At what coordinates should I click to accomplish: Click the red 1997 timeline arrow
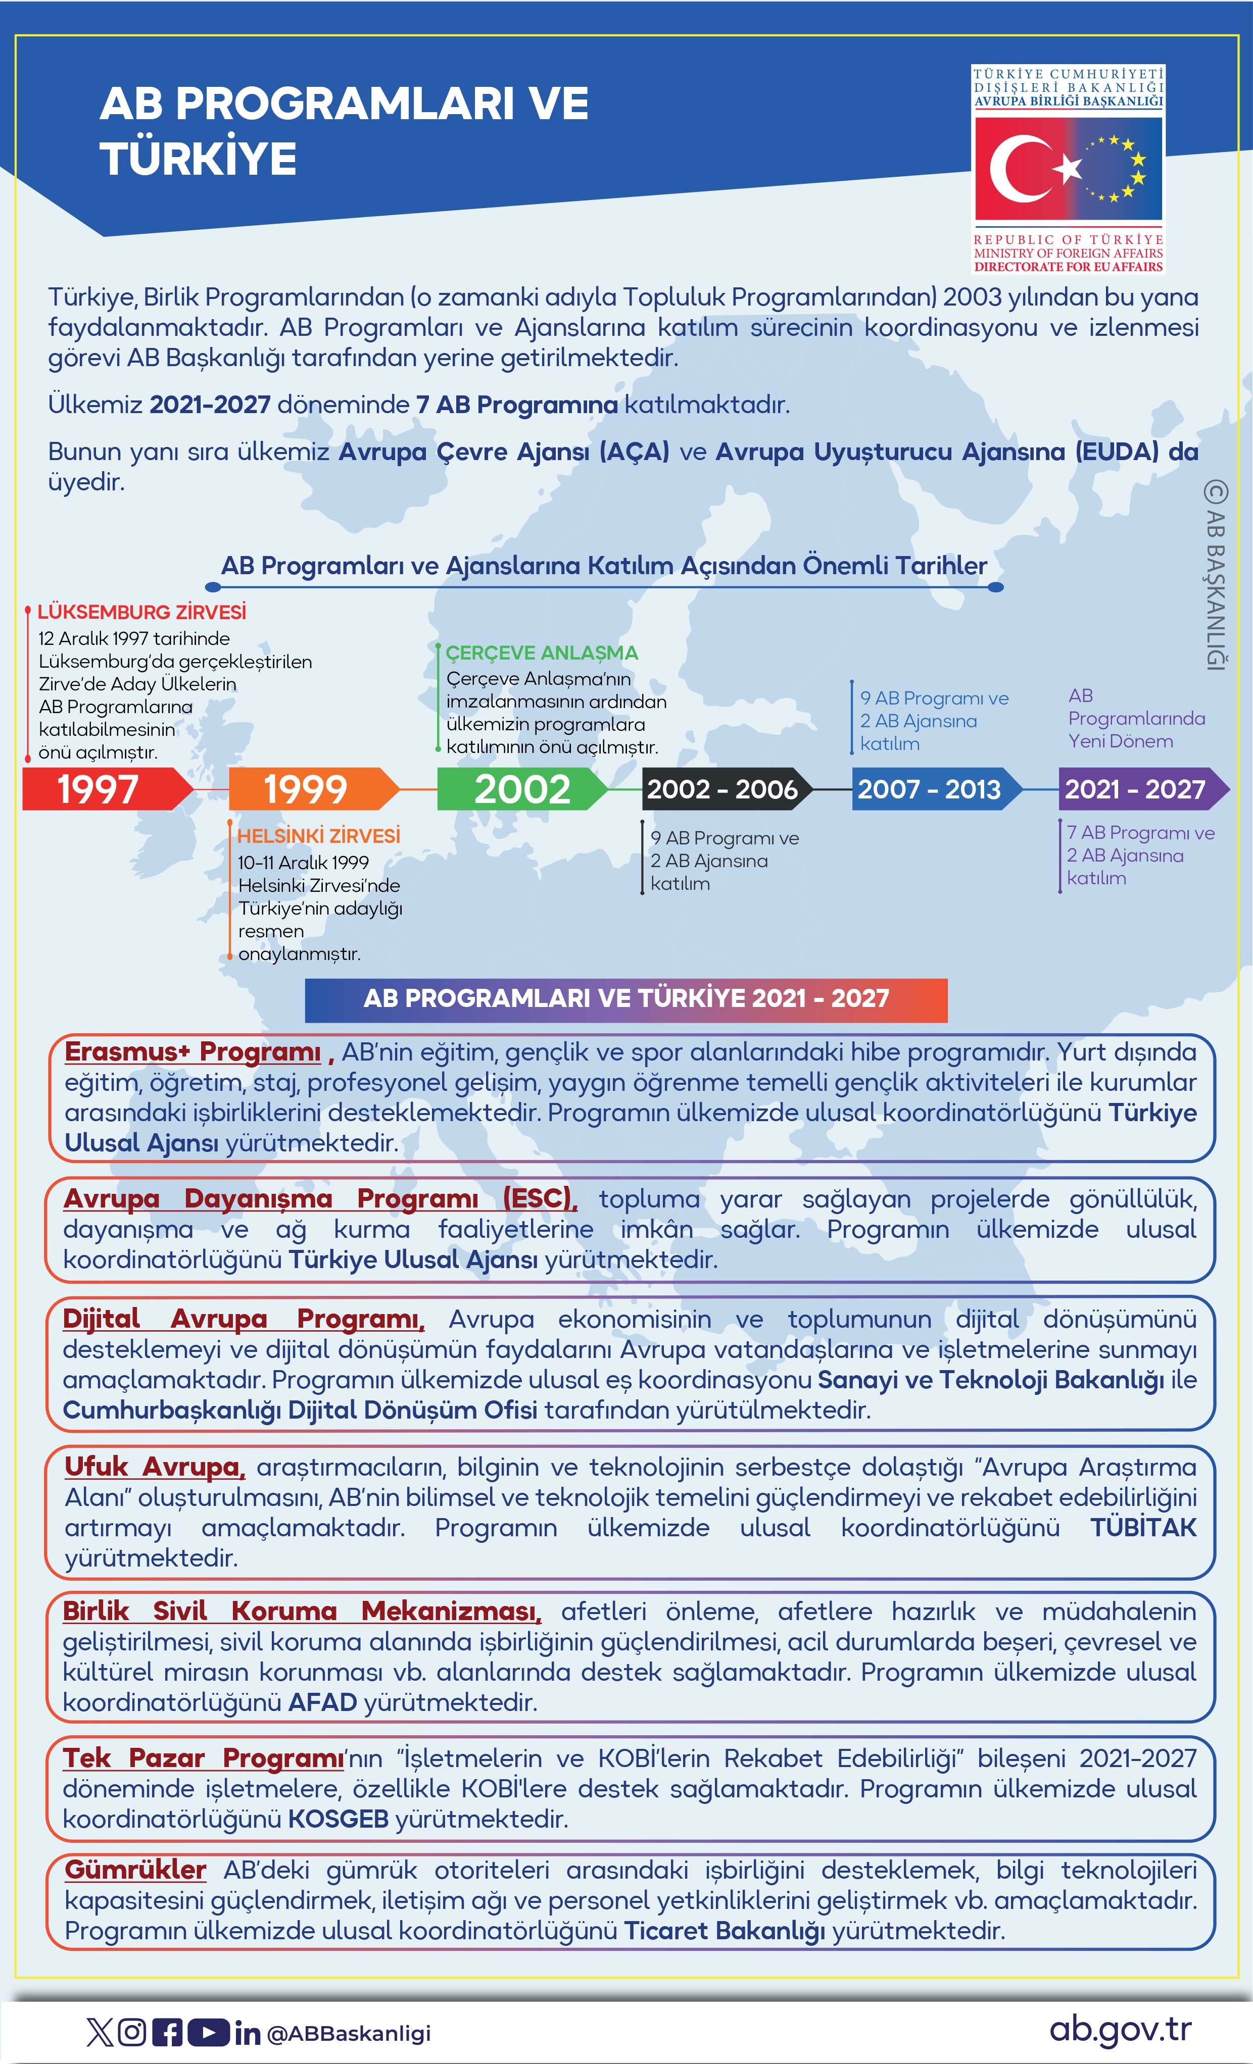[105, 789]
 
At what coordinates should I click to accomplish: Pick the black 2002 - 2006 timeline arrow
[722, 789]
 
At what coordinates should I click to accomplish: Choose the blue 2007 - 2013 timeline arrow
[932, 789]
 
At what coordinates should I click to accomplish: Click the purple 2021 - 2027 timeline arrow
[1138, 789]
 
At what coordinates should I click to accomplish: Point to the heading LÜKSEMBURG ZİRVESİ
[141, 612]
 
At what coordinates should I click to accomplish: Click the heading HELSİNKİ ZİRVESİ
[318, 835]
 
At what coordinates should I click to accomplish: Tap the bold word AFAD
[323, 1702]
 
